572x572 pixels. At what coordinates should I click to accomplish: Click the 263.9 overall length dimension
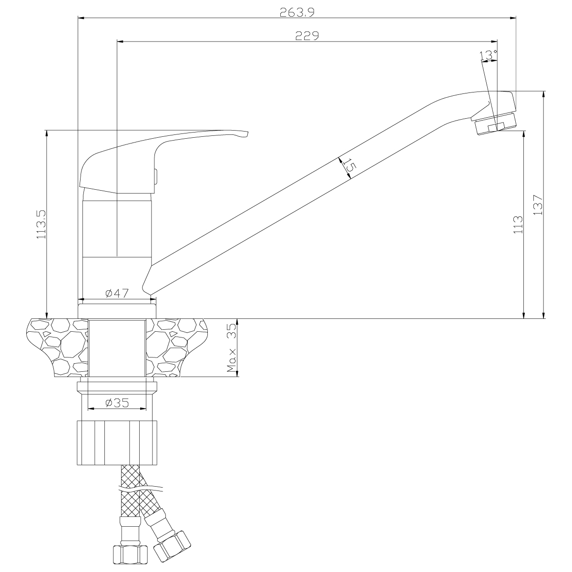[297, 12]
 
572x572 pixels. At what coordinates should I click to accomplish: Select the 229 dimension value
[307, 36]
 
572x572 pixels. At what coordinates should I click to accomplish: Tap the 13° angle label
[488, 55]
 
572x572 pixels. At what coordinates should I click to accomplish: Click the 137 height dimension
[538, 205]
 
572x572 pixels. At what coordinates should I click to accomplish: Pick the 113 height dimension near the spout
[518, 225]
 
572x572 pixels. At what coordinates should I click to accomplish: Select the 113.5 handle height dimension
[41, 224]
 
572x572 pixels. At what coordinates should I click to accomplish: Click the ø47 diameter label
[117, 293]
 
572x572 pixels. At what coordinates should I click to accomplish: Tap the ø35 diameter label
[117, 403]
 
